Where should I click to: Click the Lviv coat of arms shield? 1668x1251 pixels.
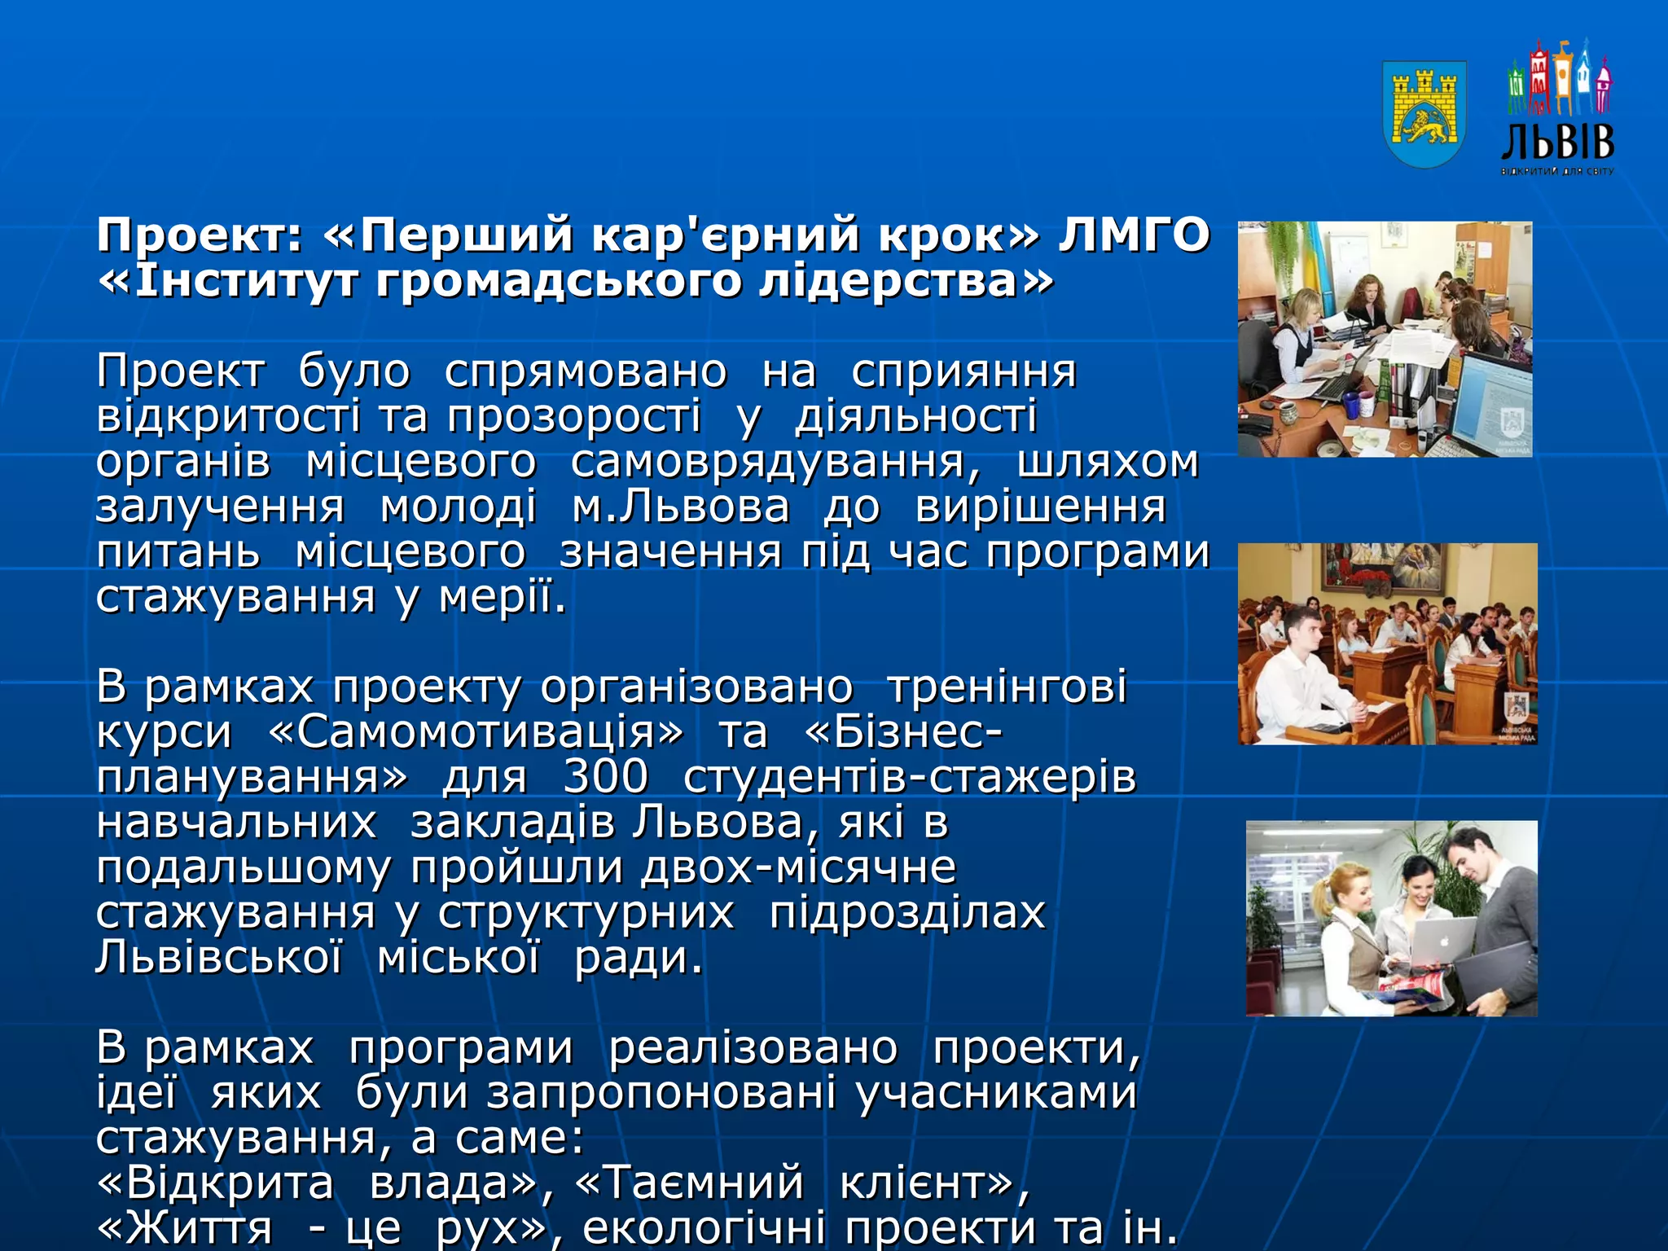point(1424,114)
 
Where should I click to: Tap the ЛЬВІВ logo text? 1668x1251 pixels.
point(1557,143)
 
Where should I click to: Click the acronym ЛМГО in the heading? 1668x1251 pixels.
point(1134,236)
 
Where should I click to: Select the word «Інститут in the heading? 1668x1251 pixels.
point(227,282)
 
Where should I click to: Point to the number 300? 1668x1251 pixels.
point(605,776)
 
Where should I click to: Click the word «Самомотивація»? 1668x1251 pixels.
point(476,731)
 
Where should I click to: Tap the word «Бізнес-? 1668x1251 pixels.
point(902,731)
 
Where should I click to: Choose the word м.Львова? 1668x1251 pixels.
point(681,507)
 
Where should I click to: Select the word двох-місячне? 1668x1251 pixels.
point(798,867)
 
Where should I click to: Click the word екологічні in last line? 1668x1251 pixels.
point(704,1228)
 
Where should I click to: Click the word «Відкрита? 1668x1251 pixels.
point(215,1183)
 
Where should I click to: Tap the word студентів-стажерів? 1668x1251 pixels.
point(909,776)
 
